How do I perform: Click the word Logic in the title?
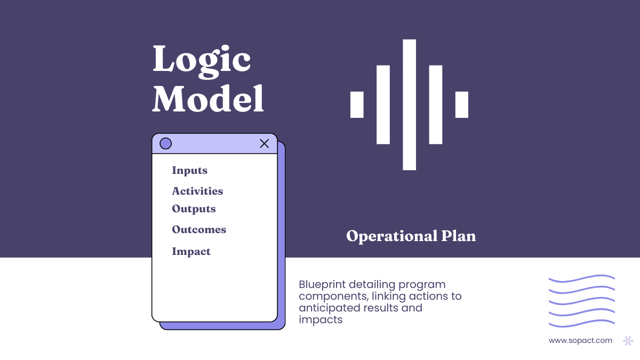pos(202,60)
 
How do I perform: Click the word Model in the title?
pos(208,99)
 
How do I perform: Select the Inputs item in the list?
pos(189,171)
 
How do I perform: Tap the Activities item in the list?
pos(197,191)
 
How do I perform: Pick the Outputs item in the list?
pos(194,209)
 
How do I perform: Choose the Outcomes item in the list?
pos(199,230)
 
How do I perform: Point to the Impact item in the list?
pos(191,251)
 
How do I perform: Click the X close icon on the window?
pos(264,143)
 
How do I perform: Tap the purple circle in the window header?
pos(166,143)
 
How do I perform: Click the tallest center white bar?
pos(409,105)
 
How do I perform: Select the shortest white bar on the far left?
pos(357,105)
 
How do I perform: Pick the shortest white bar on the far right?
pos(461,105)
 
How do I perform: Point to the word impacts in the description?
pos(320,320)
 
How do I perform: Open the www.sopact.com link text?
pos(580,340)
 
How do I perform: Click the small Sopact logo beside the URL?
pos(628,340)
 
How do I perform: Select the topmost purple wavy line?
pos(581,278)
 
